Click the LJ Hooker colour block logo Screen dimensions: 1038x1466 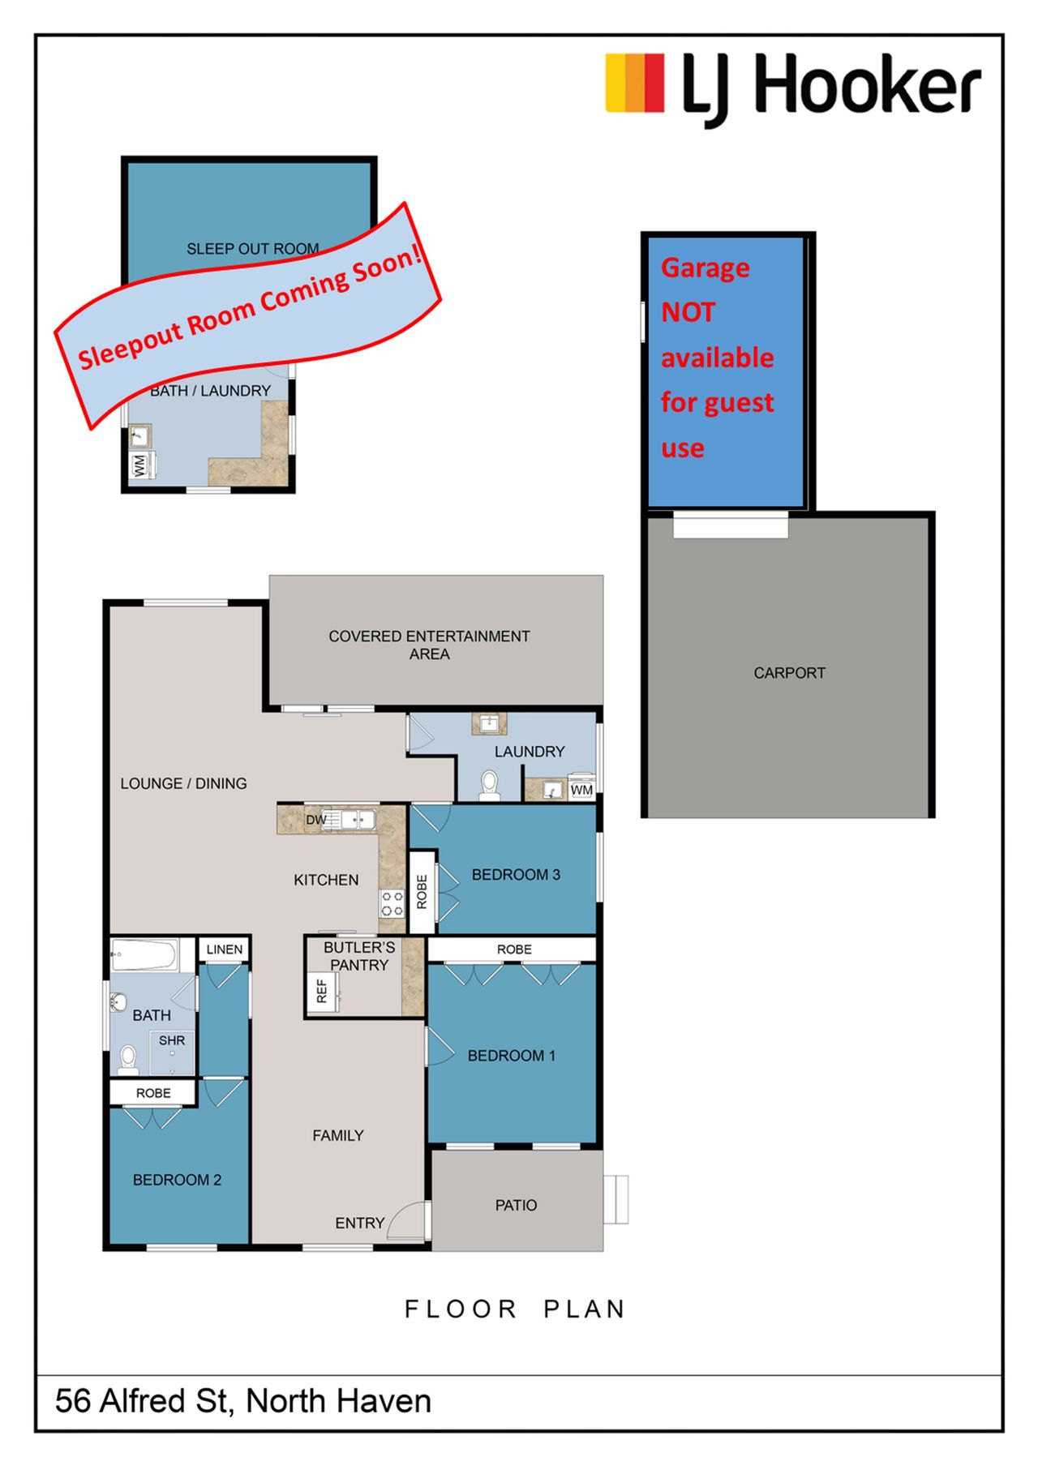click(635, 83)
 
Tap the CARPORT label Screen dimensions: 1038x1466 click(789, 673)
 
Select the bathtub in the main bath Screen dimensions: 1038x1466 click(144, 955)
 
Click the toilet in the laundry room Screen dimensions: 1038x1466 click(490, 785)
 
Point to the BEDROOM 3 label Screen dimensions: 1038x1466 click(516, 875)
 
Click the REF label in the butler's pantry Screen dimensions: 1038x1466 click(321, 990)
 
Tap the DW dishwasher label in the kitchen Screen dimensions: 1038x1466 click(315, 820)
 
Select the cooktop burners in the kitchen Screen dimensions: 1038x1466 click(392, 904)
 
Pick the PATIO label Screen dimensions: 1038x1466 click(516, 1206)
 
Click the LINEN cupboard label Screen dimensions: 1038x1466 click(225, 949)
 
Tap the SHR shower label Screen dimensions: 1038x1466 click(172, 1040)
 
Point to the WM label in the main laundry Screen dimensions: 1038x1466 click(581, 790)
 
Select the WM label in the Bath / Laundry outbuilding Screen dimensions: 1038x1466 click(139, 465)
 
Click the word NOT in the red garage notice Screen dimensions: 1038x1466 click(688, 312)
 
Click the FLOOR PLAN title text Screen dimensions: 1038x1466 click(515, 1310)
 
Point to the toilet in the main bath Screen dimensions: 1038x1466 click(128, 1059)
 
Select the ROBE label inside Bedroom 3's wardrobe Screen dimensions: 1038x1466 click(422, 892)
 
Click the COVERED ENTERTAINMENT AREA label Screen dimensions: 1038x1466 click(429, 645)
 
